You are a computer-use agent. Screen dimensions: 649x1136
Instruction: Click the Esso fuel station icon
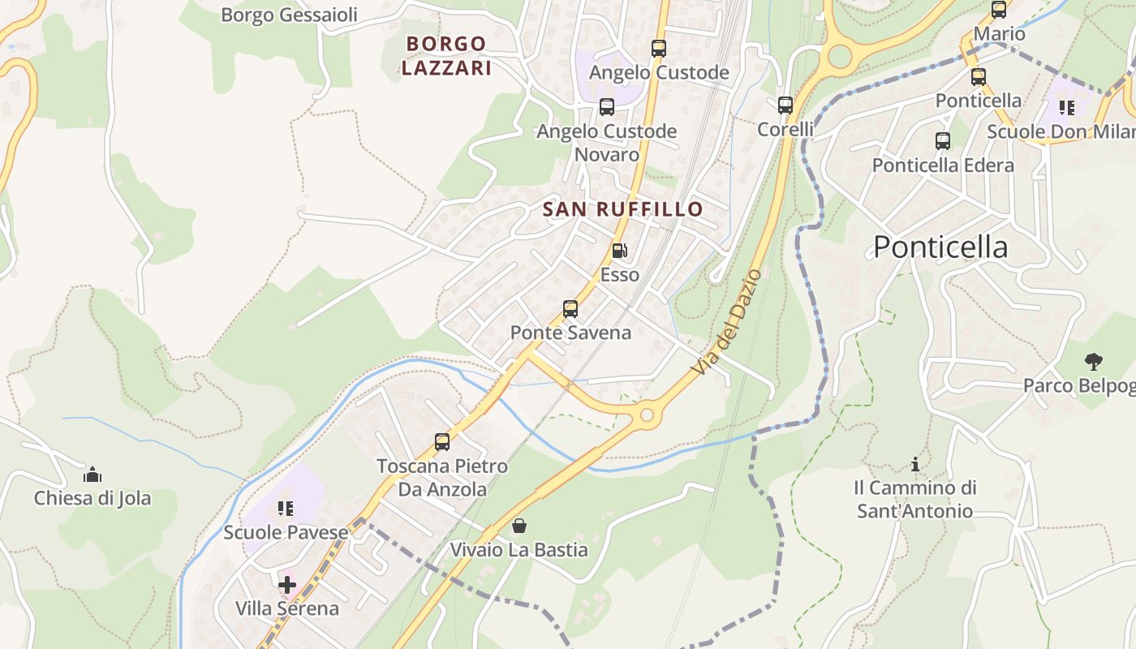619,251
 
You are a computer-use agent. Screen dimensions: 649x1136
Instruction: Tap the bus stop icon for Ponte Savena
570,309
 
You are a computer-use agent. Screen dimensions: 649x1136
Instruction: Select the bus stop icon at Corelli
785,105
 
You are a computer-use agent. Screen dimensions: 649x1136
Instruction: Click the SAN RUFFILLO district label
622,209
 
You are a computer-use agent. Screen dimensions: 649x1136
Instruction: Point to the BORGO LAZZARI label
446,56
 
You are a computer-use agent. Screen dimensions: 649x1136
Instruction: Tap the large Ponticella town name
940,247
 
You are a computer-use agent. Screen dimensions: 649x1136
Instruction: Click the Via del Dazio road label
728,322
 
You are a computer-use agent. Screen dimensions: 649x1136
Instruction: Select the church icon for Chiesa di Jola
93,474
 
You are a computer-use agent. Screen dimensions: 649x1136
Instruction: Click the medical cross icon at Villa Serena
286,584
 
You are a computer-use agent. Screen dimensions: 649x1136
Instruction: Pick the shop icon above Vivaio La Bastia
519,526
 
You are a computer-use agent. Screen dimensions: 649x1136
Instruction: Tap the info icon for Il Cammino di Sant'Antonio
915,464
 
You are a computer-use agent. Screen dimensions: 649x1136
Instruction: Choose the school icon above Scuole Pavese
285,509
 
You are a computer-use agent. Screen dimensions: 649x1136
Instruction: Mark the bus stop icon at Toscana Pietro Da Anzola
442,442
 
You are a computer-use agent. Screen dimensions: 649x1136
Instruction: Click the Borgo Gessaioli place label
289,15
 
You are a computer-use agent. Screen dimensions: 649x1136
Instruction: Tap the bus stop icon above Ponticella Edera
943,141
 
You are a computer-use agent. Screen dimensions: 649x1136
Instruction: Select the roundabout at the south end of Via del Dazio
647,415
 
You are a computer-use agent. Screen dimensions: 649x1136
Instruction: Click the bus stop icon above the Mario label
999,11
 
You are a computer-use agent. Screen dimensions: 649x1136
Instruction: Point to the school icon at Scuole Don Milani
1066,107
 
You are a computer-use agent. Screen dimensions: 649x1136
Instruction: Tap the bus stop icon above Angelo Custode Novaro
606,107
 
